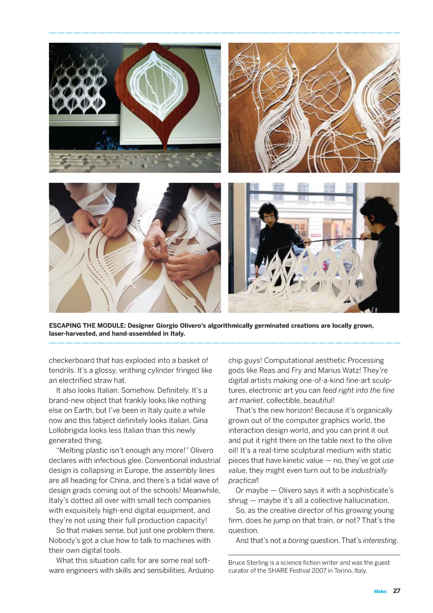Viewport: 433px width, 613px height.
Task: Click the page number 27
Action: click(396, 591)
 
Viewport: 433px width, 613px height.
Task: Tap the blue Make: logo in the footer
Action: click(380, 591)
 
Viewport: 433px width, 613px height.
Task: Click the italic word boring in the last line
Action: click(298, 540)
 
